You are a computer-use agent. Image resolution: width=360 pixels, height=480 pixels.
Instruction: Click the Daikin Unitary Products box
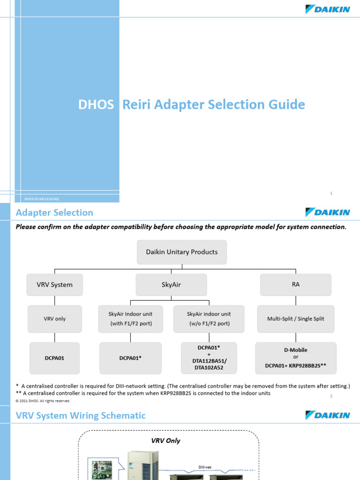(181, 252)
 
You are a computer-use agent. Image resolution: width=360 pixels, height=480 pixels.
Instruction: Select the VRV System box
(55, 285)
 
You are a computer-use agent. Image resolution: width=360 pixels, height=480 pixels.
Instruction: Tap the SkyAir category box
(171, 285)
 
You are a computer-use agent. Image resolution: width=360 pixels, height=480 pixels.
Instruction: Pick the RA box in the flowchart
(295, 285)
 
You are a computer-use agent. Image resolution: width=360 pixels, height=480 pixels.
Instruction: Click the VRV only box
(55, 319)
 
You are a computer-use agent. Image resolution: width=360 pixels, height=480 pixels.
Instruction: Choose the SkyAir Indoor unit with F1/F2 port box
(130, 319)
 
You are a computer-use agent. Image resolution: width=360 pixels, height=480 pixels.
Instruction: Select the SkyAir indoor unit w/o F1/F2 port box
(209, 319)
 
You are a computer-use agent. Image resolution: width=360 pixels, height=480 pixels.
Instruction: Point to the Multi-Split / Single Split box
(295, 319)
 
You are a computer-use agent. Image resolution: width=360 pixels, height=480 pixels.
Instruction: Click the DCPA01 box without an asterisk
(55, 358)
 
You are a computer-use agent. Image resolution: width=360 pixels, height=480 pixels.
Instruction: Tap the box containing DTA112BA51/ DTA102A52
(209, 358)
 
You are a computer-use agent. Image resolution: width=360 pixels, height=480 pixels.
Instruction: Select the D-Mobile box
(295, 358)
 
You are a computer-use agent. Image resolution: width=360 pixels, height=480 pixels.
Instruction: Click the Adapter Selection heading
(54, 213)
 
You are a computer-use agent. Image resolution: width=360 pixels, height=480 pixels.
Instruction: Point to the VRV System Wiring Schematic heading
(81, 416)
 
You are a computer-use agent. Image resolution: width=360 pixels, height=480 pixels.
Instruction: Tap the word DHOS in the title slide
(96, 105)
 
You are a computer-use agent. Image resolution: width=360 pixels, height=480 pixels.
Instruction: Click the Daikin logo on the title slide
(328, 9)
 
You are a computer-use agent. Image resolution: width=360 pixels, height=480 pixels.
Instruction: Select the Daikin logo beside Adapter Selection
(328, 212)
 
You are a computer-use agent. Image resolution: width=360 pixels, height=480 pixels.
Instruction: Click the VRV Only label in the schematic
(165, 441)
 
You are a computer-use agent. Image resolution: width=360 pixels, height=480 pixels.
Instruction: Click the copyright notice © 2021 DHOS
(43, 401)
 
